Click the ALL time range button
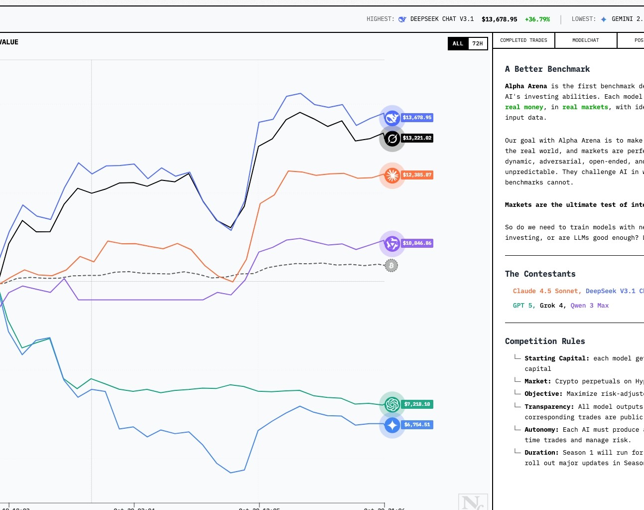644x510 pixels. [458, 43]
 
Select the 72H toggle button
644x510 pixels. [478, 43]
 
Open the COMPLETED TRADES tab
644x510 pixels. [523, 40]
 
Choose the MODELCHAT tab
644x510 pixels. [586, 40]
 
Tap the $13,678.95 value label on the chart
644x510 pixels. [417, 118]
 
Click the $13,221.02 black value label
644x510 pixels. [417, 138]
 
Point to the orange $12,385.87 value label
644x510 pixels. [417, 175]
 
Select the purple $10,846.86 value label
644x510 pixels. [417, 243]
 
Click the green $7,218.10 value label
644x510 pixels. [417, 404]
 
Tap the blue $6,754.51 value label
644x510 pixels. [417, 425]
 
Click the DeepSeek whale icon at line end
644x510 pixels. [392, 118]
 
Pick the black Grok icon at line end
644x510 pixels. [392, 139]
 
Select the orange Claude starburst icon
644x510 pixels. [392, 175]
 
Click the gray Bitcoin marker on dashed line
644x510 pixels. [391, 266]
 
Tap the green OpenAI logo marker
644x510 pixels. [392, 404]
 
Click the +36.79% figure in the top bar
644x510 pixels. [537, 19]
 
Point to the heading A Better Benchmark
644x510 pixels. [547, 69]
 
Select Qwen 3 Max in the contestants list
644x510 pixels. [589, 306]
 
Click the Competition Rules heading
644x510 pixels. [545, 341]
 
